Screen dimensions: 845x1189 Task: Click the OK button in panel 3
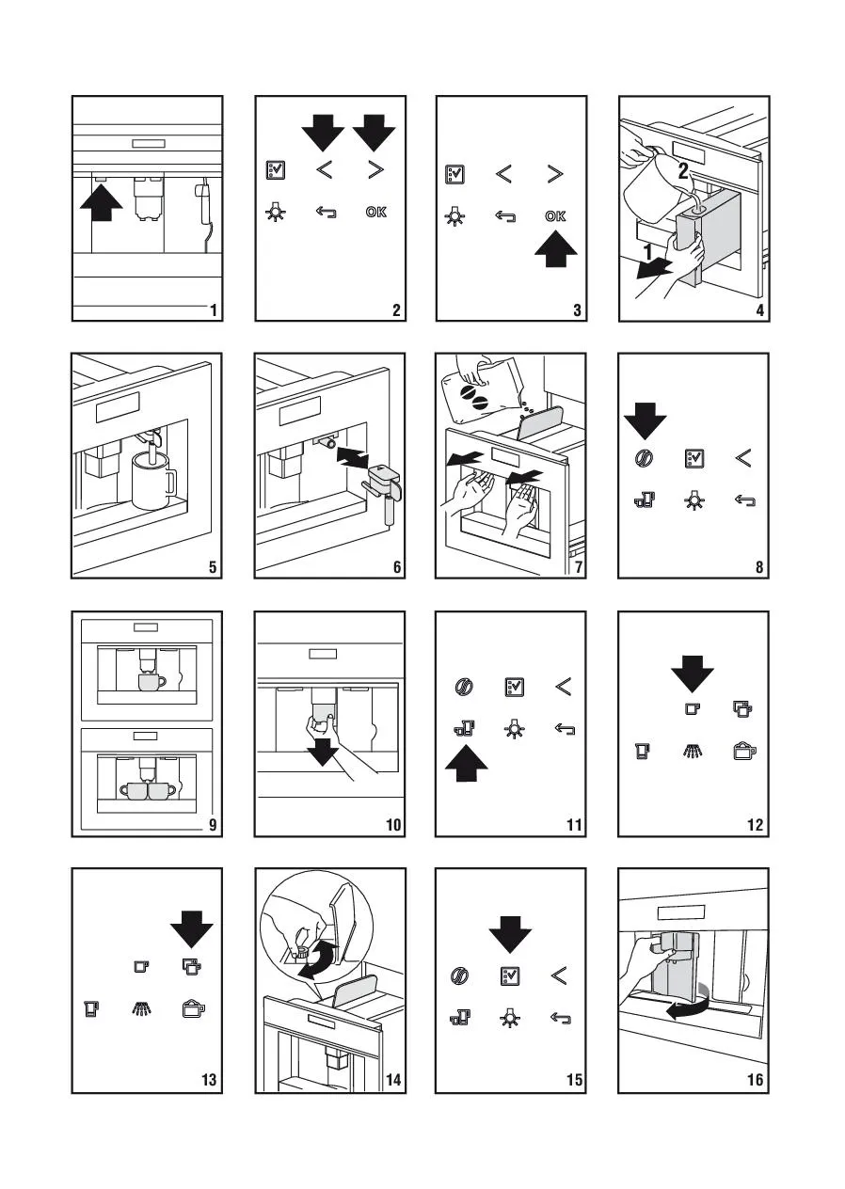point(555,216)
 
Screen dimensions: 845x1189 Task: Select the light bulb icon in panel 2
point(276,212)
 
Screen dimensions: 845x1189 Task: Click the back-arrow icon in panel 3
point(505,216)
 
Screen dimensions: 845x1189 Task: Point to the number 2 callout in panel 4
point(683,170)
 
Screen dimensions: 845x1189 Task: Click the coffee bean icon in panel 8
point(645,457)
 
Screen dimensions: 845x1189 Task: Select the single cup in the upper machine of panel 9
point(151,681)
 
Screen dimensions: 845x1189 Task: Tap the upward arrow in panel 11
point(466,763)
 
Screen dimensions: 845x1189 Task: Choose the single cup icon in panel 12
point(691,708)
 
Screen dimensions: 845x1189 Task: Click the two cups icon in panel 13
point(191,967)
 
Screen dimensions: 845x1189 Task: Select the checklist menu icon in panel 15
point(510,975)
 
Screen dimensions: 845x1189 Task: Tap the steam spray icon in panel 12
point(692,751)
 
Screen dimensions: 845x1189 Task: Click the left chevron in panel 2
point(324,170)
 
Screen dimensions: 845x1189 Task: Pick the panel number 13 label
point(209,1079)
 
